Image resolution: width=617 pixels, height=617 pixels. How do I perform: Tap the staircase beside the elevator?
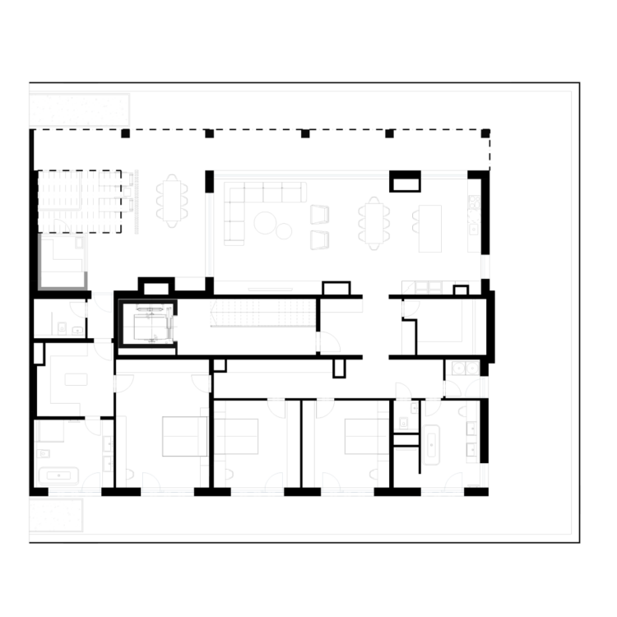[262, 313]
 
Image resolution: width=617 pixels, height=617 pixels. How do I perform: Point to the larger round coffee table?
[265, 222]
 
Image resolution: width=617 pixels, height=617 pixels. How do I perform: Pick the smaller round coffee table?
[284, 231]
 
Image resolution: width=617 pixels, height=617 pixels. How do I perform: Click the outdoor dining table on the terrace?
[172, 200]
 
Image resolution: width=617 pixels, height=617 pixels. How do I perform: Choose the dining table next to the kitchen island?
[373, 223]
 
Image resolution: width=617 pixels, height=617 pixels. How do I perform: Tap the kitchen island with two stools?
[429, 228]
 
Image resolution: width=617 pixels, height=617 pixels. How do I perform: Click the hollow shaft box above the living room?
[405, 180]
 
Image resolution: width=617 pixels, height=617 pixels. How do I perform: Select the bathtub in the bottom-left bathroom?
[58, 476]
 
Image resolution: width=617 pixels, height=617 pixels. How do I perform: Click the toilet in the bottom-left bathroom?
[44, 453]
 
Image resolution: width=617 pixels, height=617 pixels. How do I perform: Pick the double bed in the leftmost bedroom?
[184, 436]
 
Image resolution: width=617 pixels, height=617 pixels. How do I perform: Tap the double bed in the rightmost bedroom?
[361, 436]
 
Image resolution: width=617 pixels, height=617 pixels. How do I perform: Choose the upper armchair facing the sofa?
[319, 214]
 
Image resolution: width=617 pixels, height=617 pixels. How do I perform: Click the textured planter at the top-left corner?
[79, 109]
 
